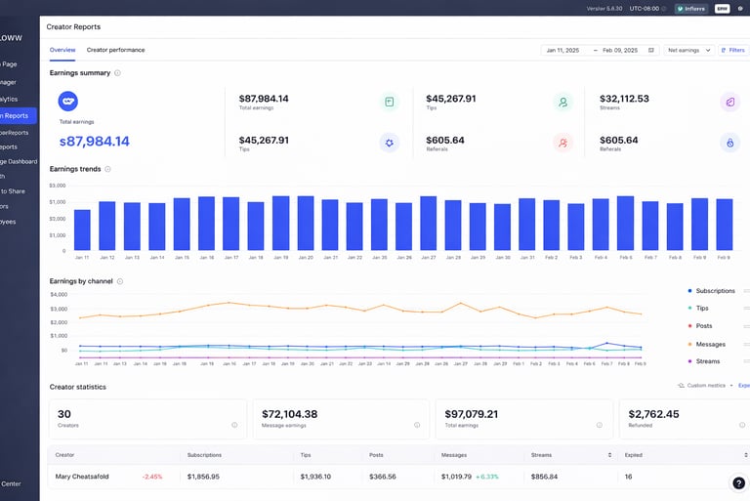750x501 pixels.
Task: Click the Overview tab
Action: click(62, 50)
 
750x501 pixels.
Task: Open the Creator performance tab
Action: click(115, 50)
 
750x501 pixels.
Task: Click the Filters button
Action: click(732, 50)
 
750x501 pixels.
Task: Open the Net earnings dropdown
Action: click(688, 50)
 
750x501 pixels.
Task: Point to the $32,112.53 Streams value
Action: click(624, 99)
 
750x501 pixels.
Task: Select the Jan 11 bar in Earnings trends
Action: click(82, 230)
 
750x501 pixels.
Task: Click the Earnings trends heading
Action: click(76, 169)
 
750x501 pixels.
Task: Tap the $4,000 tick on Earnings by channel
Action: click(59, 294)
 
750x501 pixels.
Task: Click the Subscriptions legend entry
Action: click(714, 291)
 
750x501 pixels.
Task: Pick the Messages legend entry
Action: click(709, 344)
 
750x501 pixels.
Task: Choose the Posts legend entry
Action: click(703, 326)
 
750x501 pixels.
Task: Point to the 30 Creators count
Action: click(64, 413)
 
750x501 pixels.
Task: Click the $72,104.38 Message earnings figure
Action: click(289, 413)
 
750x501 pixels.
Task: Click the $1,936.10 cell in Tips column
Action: click(316, 477)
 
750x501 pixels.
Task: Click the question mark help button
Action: click(739, 482)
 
